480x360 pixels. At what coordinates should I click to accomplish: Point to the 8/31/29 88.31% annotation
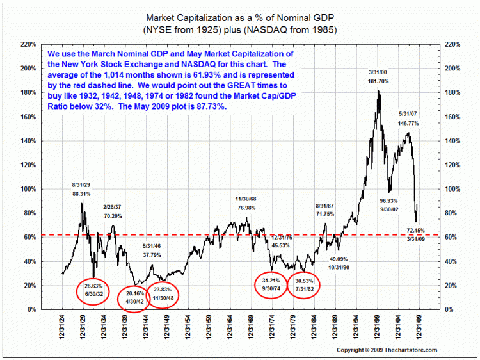tap(81, 188)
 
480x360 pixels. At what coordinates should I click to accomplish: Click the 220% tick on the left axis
tap(28, 44)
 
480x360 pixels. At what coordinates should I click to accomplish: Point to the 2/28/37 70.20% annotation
tap(114, 212)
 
